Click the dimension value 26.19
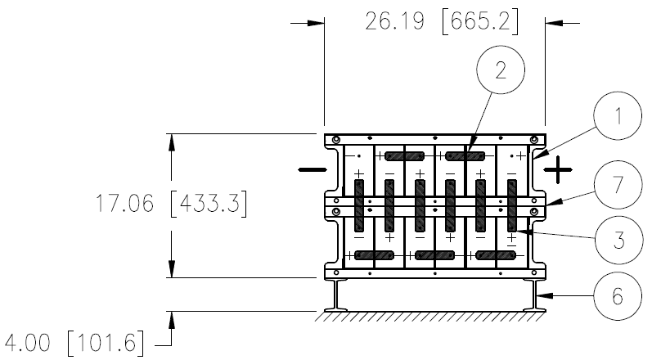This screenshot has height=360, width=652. [394, 21]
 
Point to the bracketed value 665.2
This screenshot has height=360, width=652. [480, 21]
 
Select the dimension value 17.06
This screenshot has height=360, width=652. [124, 203]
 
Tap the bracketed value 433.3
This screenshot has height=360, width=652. [209, 203]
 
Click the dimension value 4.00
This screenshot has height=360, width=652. [27, 344]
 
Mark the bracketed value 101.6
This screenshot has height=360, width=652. [106, 344]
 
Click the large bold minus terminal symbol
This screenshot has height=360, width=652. [313, 169]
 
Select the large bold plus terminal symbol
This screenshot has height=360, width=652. [558, 169]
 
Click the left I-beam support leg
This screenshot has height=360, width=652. [336, 295]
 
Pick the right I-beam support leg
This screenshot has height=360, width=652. [534, 295]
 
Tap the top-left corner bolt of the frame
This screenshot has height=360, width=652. [336, 139]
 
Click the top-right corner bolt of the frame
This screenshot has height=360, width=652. [534, 139]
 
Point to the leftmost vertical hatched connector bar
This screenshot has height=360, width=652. [359, 205]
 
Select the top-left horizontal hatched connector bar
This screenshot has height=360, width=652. [405, 156]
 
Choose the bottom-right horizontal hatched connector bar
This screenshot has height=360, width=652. [495, 255]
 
